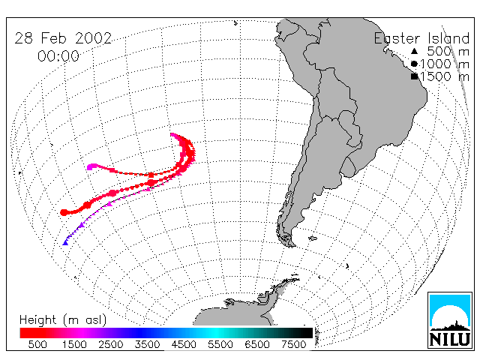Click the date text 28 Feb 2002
pyautogui.click(x=63, y=38)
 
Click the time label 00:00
pyautogui.click(x=58, y=56)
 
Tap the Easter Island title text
pyautogui.click(x=421, y=38)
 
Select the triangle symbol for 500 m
pyautogui.click(x=414, y=51)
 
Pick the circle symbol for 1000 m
pyautogui.click(x=414, y=64)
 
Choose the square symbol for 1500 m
pyautogui.click(x=414, y=76)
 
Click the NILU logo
pyautogui.click(x=450, y=320)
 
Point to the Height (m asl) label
pyautogui.click(x=63, y=320)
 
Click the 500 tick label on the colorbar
pyautogui.click(x=37, y=344)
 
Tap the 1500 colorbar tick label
pyautogui.click(x=74, y=344)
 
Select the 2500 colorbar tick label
pyautogui.click(x=111, y=344)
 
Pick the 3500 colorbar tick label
pyautogui.click(x=147, y=344)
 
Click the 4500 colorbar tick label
pyautogui.click(x=184, y=344)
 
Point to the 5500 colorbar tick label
pyautogui.click(x=220, y=344)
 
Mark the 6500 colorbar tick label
pyautogui.click(x=256, y=344)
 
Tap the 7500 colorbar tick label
pyautogui.click(x=293, y=344)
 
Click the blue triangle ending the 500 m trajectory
pyautogui.click(x=65, y=243)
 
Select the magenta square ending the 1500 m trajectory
pyautogui.click(x=90, y=167)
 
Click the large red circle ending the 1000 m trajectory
pyautogui.click(x=64, y=212)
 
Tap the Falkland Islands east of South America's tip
pyautogui.click(x=313, y=238)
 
